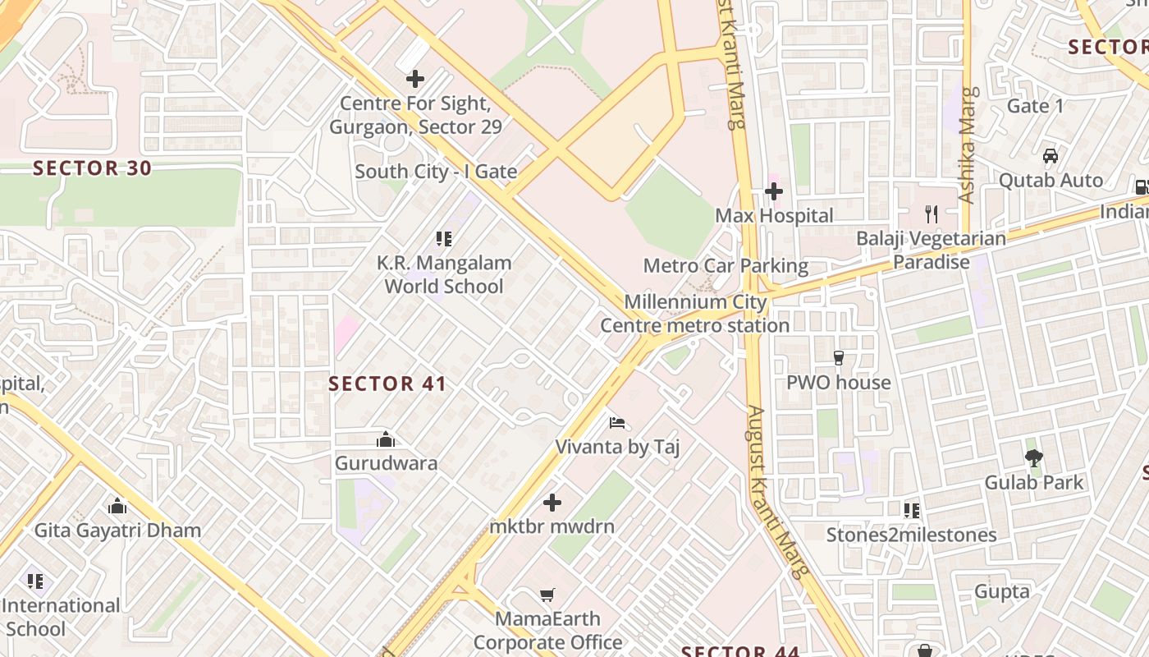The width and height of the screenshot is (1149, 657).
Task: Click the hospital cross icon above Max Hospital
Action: click(x=773, y=192)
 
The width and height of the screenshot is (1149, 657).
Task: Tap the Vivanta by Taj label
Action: click(x=617, y=448)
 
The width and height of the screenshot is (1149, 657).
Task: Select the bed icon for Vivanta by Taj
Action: click(x=617, y=424)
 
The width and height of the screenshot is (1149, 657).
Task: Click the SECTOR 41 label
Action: click(x=387, y=384)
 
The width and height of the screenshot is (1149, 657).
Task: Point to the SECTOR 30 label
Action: click(x=92, y=168)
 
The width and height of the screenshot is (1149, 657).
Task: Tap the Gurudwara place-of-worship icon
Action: click(x=385, y=440)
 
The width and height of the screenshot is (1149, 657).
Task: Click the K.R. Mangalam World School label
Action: click(x=444, y=275)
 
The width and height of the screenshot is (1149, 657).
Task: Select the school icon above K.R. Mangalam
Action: click(x=444, y=239)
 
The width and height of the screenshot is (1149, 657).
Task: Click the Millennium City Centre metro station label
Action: click(x=695, y=314)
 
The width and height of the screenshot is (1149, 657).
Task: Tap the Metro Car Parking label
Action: click(x=726, y=266)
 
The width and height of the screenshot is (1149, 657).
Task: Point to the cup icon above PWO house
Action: click(x=838, y=358)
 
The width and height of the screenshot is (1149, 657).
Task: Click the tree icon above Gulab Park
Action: click(x=1034, y=458)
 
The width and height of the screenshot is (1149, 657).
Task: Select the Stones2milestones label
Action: click(x=911, y=535)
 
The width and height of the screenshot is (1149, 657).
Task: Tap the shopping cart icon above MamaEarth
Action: click(x=547, y=595)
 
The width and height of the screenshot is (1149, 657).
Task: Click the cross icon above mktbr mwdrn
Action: click(x=552, y=502)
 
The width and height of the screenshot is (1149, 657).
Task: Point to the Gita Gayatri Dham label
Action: click(x=117, y=531)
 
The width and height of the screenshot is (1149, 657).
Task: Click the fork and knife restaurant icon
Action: click(x=931, y=214)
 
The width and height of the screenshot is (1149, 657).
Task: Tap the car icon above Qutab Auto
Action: click(x=1050, y=156)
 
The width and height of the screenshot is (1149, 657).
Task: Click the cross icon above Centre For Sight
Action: click(x=415, y=79)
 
